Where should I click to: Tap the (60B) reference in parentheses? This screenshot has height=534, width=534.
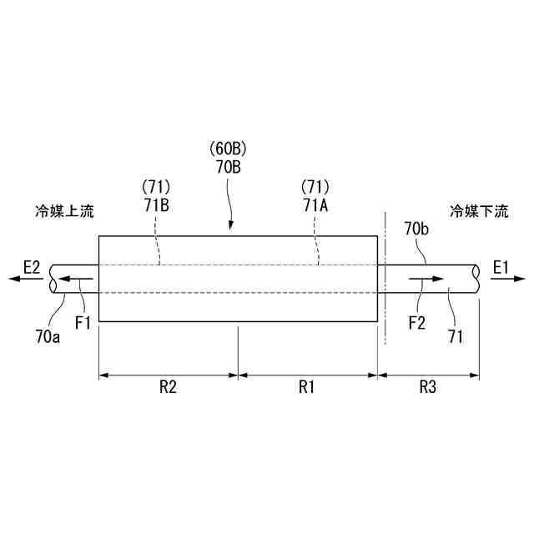click(229, 149)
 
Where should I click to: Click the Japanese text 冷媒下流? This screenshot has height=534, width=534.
click(479, 211)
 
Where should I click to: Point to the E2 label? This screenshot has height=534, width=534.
click(32, 267)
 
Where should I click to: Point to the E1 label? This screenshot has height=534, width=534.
click(501, 267)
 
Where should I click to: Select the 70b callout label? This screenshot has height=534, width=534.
click(417, 227)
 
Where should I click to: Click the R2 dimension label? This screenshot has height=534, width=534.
click(169, 387)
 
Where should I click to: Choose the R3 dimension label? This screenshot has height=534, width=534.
click(428, 387)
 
